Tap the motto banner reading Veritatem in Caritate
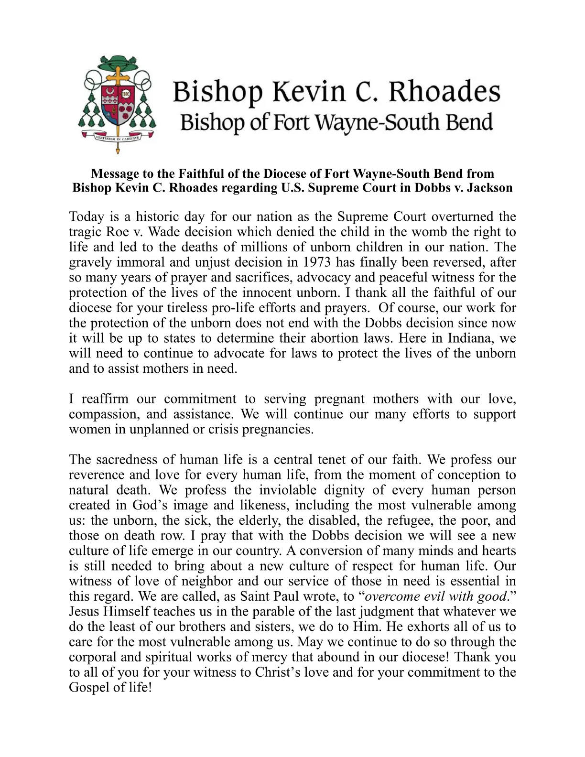(118, 137)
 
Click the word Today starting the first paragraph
(87, 216)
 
